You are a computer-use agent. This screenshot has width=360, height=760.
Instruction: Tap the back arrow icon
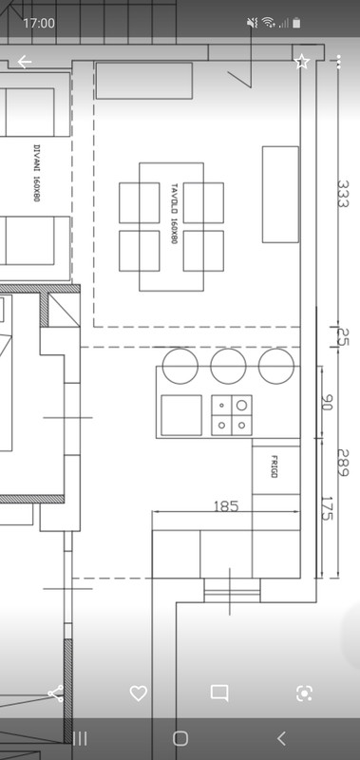(25, 62)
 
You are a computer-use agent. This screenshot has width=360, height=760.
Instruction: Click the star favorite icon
(302, 62)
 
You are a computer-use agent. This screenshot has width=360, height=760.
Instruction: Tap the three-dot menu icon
(338, 62)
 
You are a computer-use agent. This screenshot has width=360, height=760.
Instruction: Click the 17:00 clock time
(39, 23)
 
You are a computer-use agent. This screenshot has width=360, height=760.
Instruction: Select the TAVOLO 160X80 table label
(175, 213)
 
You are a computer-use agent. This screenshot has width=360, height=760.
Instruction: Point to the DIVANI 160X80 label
(37, 173)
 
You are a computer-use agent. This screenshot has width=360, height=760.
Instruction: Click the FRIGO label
(274, 466)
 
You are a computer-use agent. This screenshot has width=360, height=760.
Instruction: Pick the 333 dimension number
(343, 194)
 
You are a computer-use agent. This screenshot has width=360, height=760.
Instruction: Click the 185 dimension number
(226, 506)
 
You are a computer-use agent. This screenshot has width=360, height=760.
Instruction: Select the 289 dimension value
(343, 463)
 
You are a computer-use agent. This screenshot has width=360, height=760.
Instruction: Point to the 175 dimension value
(327, 508)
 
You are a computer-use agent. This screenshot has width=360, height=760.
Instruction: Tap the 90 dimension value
(327, 402)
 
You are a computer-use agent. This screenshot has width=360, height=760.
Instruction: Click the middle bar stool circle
(228, 366)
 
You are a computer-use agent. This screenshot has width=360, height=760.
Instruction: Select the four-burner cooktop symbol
(232, 415)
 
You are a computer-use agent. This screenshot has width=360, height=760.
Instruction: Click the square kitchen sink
(181, 415)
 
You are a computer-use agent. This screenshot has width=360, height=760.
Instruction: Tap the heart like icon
(139, 693)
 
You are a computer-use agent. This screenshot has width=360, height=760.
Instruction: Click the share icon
(56, 693)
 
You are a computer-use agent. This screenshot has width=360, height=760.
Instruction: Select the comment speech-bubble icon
(219, 693)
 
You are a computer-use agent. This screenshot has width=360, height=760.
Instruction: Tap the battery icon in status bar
(296, 23)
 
